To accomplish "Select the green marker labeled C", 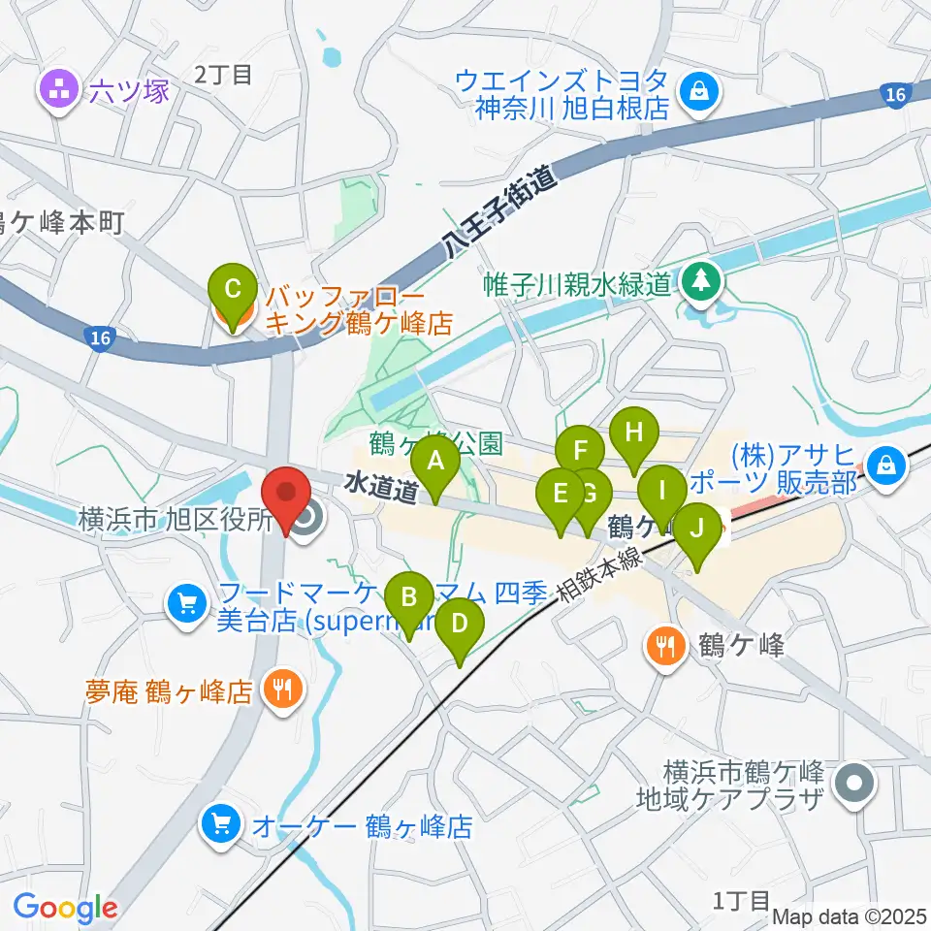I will [x=233, y=289].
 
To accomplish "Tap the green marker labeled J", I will [x=696, y=530].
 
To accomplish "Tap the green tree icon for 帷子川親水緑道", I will [x=700, y=283].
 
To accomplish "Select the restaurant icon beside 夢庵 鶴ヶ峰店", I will [x=282, y=690].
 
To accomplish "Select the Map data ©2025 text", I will [x=850, y=915].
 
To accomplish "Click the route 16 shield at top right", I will [x=897, y=94].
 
